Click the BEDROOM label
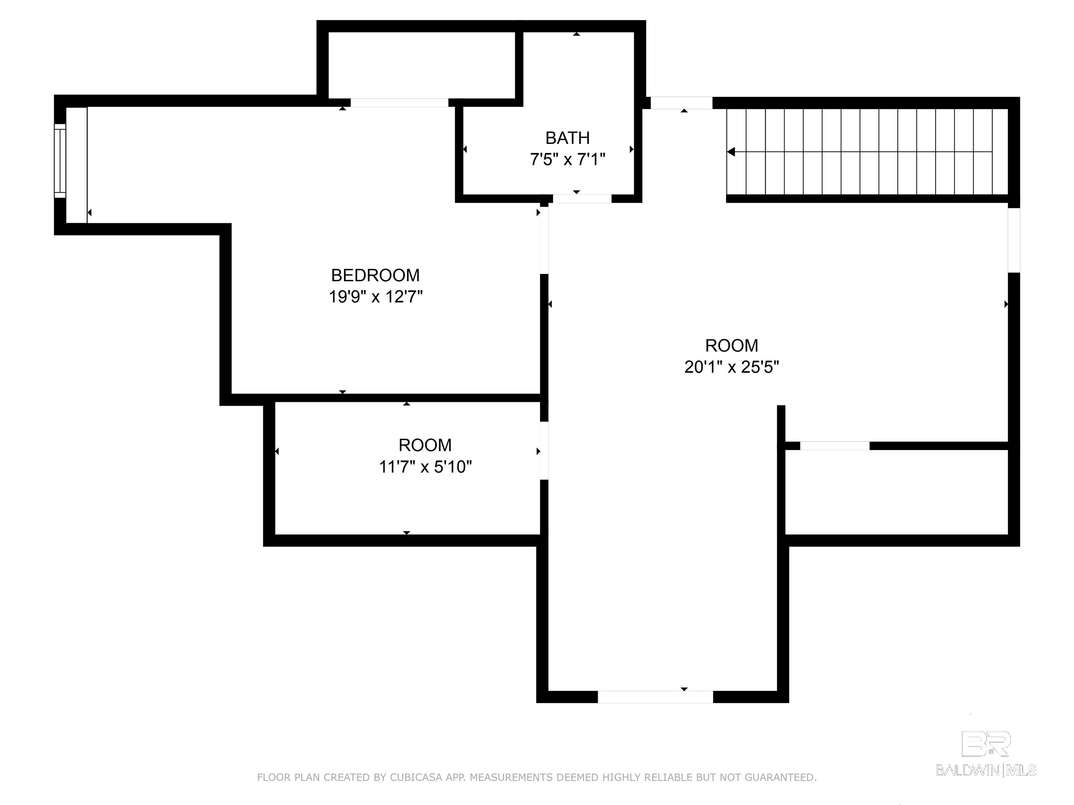pyautogui.click(x=375, y=275)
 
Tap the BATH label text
pyautogui.click(x=567, y=138)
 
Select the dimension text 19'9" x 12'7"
pyautogui.click(x=376, y=297)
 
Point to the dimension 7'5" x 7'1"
pyautogui.click(x=567, y=159)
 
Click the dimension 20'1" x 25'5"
pyautogui.click(x=732, y=367)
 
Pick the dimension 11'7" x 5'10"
pyautogui.click(x=425, y=467)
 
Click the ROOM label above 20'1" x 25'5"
pyautogui.click(x=732, y=346)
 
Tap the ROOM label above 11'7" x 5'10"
pyautogui.click(x=425, y=445)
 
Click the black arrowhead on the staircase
pyautogui.click(x=731, y=152)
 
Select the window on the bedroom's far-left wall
pyautogui.click(x=60, y=161)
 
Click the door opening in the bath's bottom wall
pyautogui.click(x=582, y=198)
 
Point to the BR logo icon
pyautogui.click(x=986, y=744)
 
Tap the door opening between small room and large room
pyautogui.click(x=544, y=451)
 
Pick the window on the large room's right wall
pyautogui.click(x=1014, y=240)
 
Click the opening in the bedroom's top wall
pyautogui.click(x=399, y=102)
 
